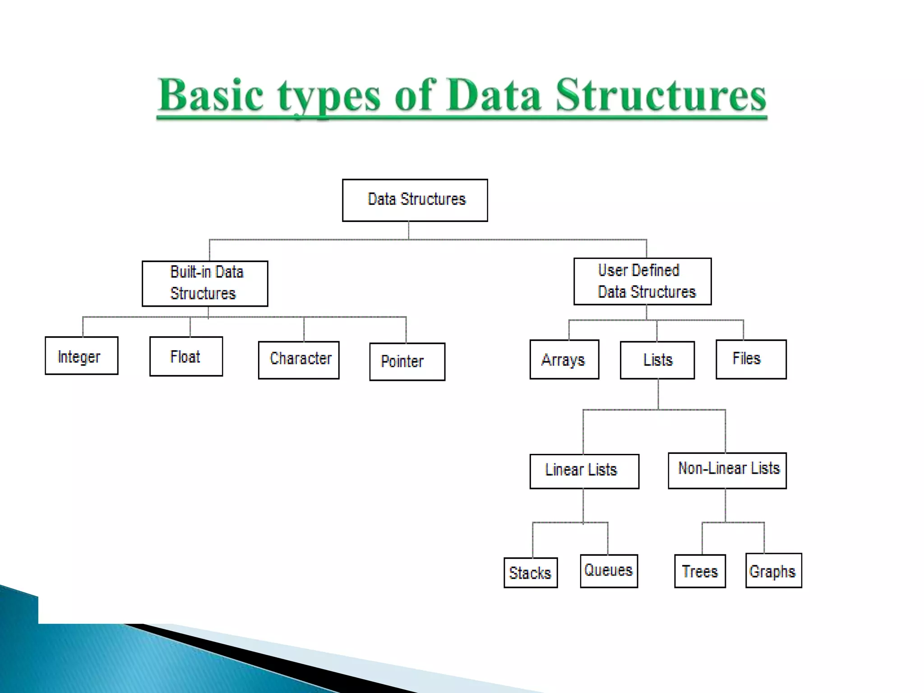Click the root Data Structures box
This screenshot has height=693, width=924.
click(415, 200)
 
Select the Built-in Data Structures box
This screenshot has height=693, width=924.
click(205, 283)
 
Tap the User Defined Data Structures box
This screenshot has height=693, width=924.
click(642, 281)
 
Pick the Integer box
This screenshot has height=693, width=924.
click(82, 356)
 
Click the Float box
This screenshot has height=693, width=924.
click(186, 356)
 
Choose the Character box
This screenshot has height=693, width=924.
click(299, 360)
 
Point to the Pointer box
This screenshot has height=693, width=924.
click(407, 361)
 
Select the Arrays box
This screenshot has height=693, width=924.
click(564, 359)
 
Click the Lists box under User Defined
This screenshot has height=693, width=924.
click(657, 360)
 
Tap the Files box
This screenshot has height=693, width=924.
click(751, 359)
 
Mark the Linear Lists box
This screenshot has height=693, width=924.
click(584, 471)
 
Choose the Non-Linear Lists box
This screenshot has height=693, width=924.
click(727, 470)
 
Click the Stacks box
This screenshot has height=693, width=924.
click(531, 573)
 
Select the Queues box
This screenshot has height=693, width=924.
click(609, 571)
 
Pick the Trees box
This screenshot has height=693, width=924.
click(700, 571)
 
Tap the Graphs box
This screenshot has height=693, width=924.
click(773, 570)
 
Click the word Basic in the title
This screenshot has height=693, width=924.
click(211, 96)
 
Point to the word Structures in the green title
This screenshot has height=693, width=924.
click(661, 96)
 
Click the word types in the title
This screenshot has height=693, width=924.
click(329, 97)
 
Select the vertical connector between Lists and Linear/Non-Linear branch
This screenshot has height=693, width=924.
click(658, 394)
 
